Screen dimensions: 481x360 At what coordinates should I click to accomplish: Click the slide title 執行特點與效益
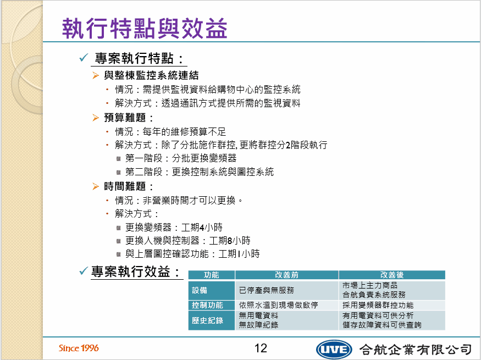145,28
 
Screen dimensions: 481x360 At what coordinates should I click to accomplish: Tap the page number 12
261,348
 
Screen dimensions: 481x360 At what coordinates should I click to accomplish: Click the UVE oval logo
334,349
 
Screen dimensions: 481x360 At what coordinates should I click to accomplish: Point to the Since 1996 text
79,348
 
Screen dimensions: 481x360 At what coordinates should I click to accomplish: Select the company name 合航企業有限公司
416,349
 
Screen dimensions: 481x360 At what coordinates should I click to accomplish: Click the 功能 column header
211,275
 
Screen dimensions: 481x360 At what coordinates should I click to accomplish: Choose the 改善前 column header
286,275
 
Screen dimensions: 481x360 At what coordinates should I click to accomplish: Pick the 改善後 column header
392,275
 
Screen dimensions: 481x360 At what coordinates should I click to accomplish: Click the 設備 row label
200,290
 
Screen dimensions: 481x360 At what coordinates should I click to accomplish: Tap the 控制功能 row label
207,305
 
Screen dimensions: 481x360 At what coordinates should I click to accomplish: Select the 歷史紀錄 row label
207,320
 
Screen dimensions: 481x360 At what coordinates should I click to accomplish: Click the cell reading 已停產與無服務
266,290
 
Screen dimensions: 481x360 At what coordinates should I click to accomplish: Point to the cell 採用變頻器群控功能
378,305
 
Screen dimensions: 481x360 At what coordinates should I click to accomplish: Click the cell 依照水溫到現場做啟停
278,305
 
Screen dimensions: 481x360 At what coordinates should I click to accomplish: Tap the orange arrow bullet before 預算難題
96,118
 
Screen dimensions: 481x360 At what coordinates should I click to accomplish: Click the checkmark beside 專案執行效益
84,271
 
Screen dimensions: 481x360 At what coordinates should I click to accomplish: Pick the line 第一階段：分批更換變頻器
181,158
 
